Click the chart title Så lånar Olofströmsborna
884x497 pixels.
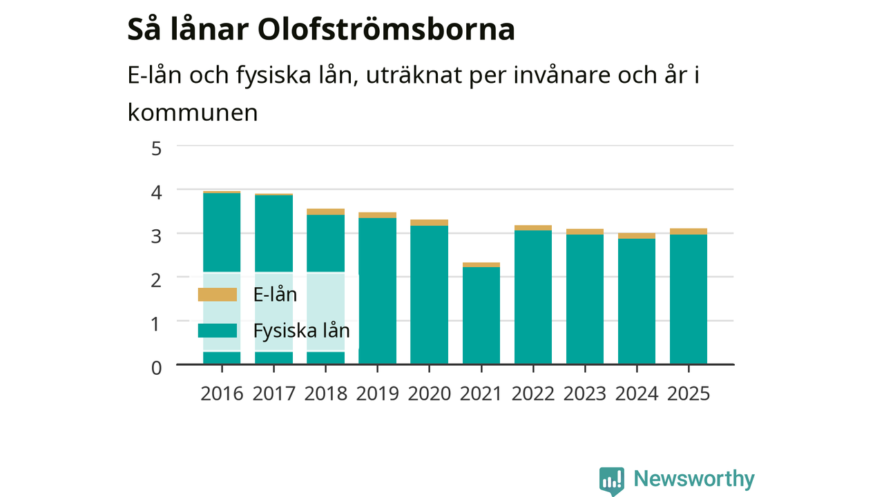[321, 30]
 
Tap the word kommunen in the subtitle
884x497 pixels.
[193, 113]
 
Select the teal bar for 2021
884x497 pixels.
[481, 315]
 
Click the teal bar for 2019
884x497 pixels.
[377, 291]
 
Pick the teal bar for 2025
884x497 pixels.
[689, 300]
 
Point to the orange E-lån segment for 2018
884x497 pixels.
[325, 212]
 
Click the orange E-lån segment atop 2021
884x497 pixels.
[481, 264]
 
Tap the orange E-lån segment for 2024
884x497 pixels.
[637, 236]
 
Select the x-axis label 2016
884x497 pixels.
[222, 394]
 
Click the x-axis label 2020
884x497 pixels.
[429, 394]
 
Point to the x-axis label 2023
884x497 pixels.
[584, 394]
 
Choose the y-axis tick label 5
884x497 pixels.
[156, 149]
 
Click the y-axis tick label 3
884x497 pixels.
[156, 237]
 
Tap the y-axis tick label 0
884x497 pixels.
[156, 368]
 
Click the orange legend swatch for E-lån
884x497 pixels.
[218, 295]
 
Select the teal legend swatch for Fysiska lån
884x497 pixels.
[218, 331]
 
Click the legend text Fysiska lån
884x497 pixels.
[302, 331]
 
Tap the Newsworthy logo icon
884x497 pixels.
[612, 481]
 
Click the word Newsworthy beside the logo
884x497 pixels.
[694, 479]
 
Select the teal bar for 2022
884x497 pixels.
[532, 298]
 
